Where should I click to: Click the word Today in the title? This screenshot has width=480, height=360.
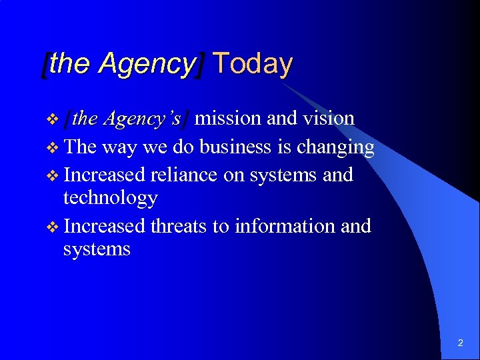click(x=253, y=64)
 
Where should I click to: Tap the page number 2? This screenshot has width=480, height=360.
click(x=461, y=343)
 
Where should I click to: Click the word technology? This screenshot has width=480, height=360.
click(x=110, y=199)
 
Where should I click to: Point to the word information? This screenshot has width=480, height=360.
click(x=284, y=227)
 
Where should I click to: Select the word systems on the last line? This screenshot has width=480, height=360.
click(x=97, y=250)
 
